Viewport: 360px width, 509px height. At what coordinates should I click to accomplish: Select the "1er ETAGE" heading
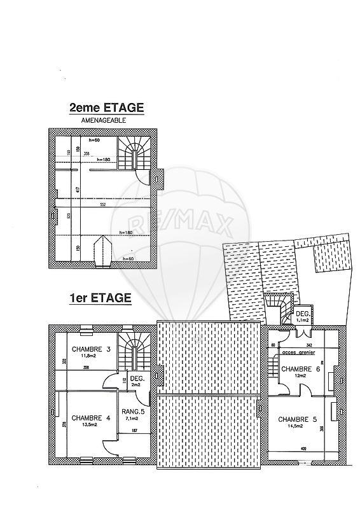100,298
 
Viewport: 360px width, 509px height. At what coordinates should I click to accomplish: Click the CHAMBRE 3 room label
91,349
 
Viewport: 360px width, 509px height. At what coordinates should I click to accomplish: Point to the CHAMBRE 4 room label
91,418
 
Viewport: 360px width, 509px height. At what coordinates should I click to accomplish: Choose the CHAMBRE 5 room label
297,419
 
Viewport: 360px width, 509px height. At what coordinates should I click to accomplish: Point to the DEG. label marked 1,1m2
302,314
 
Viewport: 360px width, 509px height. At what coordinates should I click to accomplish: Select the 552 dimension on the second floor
102,205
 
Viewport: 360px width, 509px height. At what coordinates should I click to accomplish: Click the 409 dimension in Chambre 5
295,450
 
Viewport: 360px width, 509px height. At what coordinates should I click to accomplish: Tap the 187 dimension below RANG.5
134,431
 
